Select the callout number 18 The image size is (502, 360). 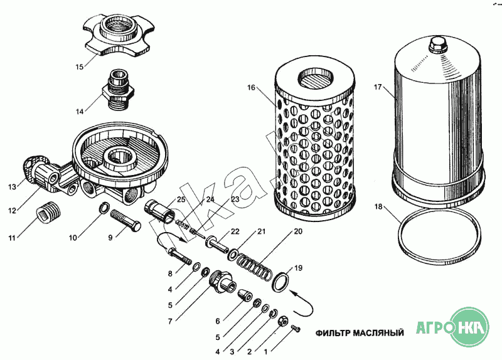pos(378,206)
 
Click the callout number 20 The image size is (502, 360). pos(298,231)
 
